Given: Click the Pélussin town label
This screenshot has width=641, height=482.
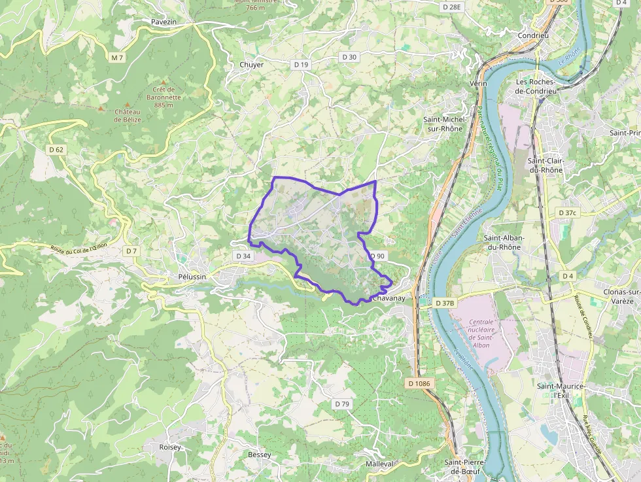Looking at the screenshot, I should (x=192, y=277).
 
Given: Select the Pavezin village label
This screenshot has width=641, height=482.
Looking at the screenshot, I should (x=164, y=22).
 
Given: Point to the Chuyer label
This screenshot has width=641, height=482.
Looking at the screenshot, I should (x=252, y=65).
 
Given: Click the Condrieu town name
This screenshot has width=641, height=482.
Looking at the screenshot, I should (x=533, y=35).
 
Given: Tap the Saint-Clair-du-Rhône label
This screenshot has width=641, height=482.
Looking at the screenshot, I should (x=545, y=165).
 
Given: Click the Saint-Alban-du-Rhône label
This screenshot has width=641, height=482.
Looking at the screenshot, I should (x=502, y=243).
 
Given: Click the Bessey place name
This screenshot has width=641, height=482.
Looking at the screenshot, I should (x=259, y=455).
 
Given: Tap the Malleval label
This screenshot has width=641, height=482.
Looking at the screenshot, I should (x=380, y=464).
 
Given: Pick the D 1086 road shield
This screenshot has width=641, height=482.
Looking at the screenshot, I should (x=420, y=383).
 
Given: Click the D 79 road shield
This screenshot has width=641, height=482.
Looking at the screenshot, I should (x=342, y=404).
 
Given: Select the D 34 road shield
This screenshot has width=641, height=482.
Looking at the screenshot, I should (x=243, y=256).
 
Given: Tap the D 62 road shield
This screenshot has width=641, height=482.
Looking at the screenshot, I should (x=56, y=150).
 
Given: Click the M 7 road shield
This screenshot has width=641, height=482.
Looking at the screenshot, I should (x=117, y=58).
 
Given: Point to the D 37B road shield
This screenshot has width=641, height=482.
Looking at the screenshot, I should (x=445, y=303).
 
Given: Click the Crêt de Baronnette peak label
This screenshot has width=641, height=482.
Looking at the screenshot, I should (x=164, y=97).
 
